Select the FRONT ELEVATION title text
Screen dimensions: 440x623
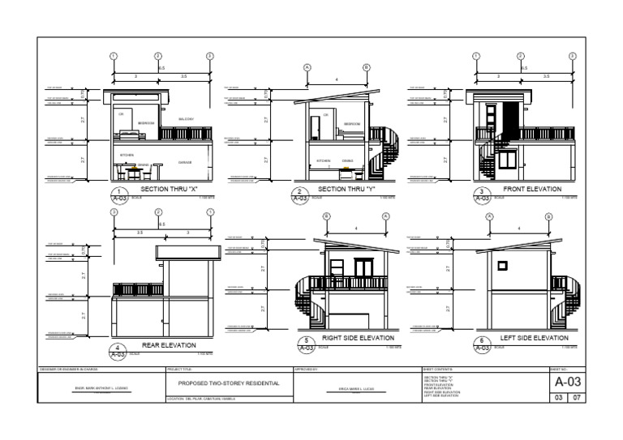(531, 189)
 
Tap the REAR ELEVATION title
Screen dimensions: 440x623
(169, 344)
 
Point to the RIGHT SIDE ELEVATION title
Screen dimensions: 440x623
(358, 337)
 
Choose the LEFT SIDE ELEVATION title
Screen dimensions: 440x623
(534, 337)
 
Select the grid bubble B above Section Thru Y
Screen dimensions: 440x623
(366, 67)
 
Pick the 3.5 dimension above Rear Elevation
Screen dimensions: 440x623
(139, 232)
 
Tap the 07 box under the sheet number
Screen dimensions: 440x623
(577, 398)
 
